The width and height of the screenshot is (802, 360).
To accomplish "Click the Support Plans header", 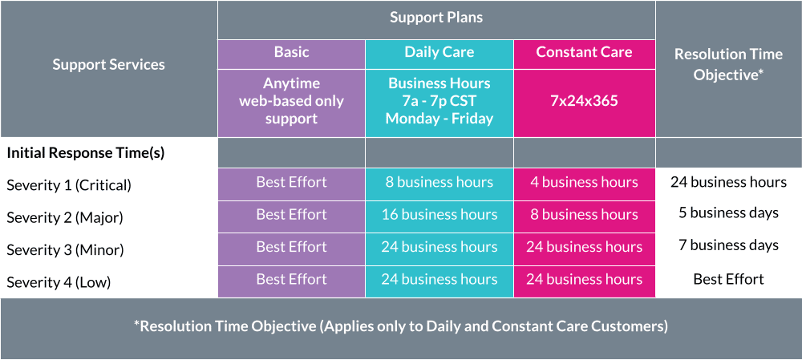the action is click(x=436, y=18).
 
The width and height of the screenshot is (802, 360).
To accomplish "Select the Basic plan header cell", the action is click(x=292, y=52).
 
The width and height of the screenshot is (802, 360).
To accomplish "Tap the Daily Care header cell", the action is click(x=439, y=52).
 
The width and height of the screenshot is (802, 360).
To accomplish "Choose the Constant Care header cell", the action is click(x=584, y=52).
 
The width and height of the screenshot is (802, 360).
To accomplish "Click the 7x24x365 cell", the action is click(x=584, y=101).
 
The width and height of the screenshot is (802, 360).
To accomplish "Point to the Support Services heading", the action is click(x=108, y=65).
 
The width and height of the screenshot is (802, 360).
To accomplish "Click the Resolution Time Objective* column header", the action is click(x=728, y=64).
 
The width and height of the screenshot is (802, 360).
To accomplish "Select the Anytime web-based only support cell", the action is click(x=292, y=101).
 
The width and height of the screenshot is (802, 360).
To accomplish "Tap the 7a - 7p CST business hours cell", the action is click(x=439, y=101).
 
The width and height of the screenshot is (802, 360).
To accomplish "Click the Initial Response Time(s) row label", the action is click(x=86, y=153).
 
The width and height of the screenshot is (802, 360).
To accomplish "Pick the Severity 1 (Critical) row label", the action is click(x=69, y=186).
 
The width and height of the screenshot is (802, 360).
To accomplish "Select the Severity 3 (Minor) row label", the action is click(x=66, y=251).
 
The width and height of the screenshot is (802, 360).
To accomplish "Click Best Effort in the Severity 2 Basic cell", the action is click(x=292, y=214).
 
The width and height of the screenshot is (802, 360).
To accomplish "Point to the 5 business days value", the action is click(x=728, y=212).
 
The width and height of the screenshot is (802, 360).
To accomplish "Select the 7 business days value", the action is click(x=728, y=245).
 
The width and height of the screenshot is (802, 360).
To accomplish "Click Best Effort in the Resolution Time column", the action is click(x=728, y=279).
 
